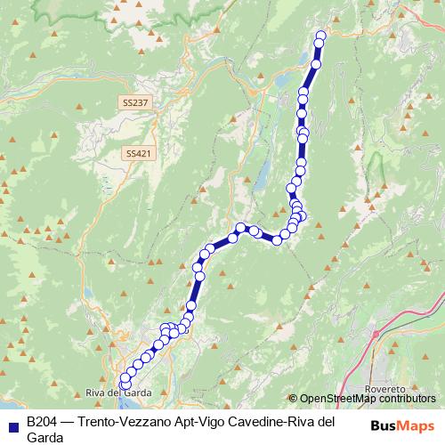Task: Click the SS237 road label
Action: [x=135, y=103]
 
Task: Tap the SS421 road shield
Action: [x=135, y=153]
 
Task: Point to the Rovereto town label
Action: [x=385, y=390]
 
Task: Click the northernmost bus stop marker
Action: [x=321, y=36]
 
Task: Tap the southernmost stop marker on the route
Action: [x=124, y=385]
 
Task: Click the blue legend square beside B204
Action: [x=12, y=423]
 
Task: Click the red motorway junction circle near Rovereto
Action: [x=376, y=334]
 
